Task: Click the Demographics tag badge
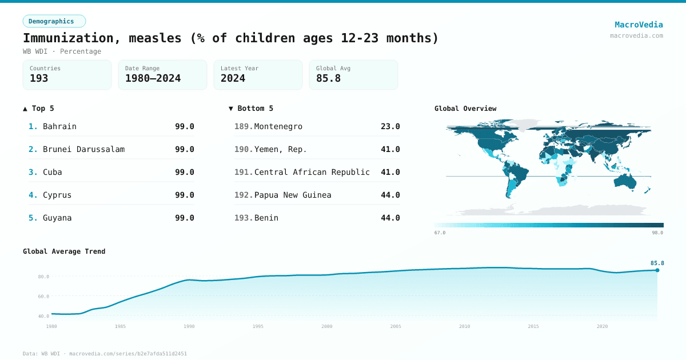click(x=54, y=21)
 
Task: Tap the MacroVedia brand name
click(x=639, y=25)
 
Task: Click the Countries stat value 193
click(x=39, y=79)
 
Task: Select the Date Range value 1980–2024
click(x=153, y=79)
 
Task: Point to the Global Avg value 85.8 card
click(x=353, y=75)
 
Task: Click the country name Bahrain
click(x=59, y=126)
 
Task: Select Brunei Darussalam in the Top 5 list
click(x=83, y=149)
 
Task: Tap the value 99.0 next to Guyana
click(x=184, y=218)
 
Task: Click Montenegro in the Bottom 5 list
click(x=278, y=126)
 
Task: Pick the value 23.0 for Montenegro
click(x=390, y=126)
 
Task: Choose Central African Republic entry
click(x=312, y=172)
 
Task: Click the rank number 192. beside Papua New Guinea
click(x=243, y=195)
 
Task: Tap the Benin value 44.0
click(x=390, y=218)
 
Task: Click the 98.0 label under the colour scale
click(x=657, y=233)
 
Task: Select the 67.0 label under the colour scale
click(x=440, y=233)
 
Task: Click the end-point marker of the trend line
click(x=657, y=270)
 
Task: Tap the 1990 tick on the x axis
click(x=189, y=326)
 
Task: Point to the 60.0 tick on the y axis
click(x=43, y=297)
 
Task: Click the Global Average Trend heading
click(x=64, y=251)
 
